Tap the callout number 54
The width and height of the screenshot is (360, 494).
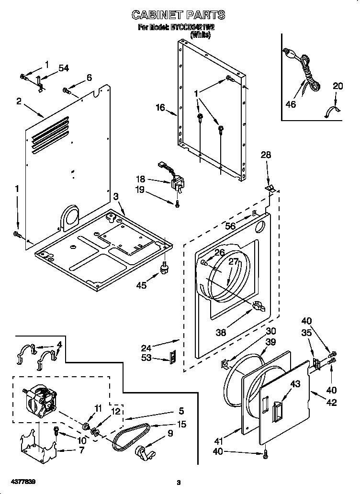63,68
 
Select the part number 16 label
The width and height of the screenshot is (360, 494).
160,108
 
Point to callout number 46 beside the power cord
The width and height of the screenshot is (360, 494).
291,104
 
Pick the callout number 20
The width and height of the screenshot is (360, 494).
338,86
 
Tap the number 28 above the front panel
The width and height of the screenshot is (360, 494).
266,155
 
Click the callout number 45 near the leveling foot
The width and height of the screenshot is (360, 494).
141,286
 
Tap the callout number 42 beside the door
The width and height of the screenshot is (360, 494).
331,403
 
